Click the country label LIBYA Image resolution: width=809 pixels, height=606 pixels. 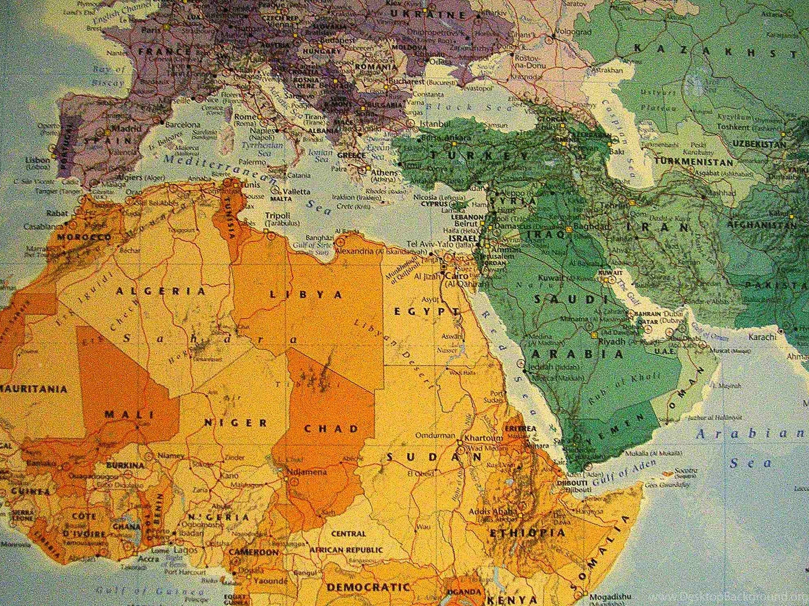(306, 294)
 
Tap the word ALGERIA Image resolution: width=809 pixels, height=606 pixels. (161, 291)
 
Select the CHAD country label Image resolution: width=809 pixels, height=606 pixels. (331, 428)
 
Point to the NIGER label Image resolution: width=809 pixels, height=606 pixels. (235, 423)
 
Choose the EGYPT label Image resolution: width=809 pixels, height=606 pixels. (426, 311)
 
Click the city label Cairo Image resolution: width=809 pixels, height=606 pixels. (457, 276)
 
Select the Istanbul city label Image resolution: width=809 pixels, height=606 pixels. (435, 123)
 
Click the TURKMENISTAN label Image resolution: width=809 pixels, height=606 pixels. (693, 162)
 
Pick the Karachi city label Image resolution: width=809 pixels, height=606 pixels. (762, 337)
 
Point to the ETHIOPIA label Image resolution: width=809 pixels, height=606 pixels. (527, 533)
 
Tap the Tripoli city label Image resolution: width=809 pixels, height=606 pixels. (278, 216)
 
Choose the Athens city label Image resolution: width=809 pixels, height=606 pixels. (384, 173)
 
